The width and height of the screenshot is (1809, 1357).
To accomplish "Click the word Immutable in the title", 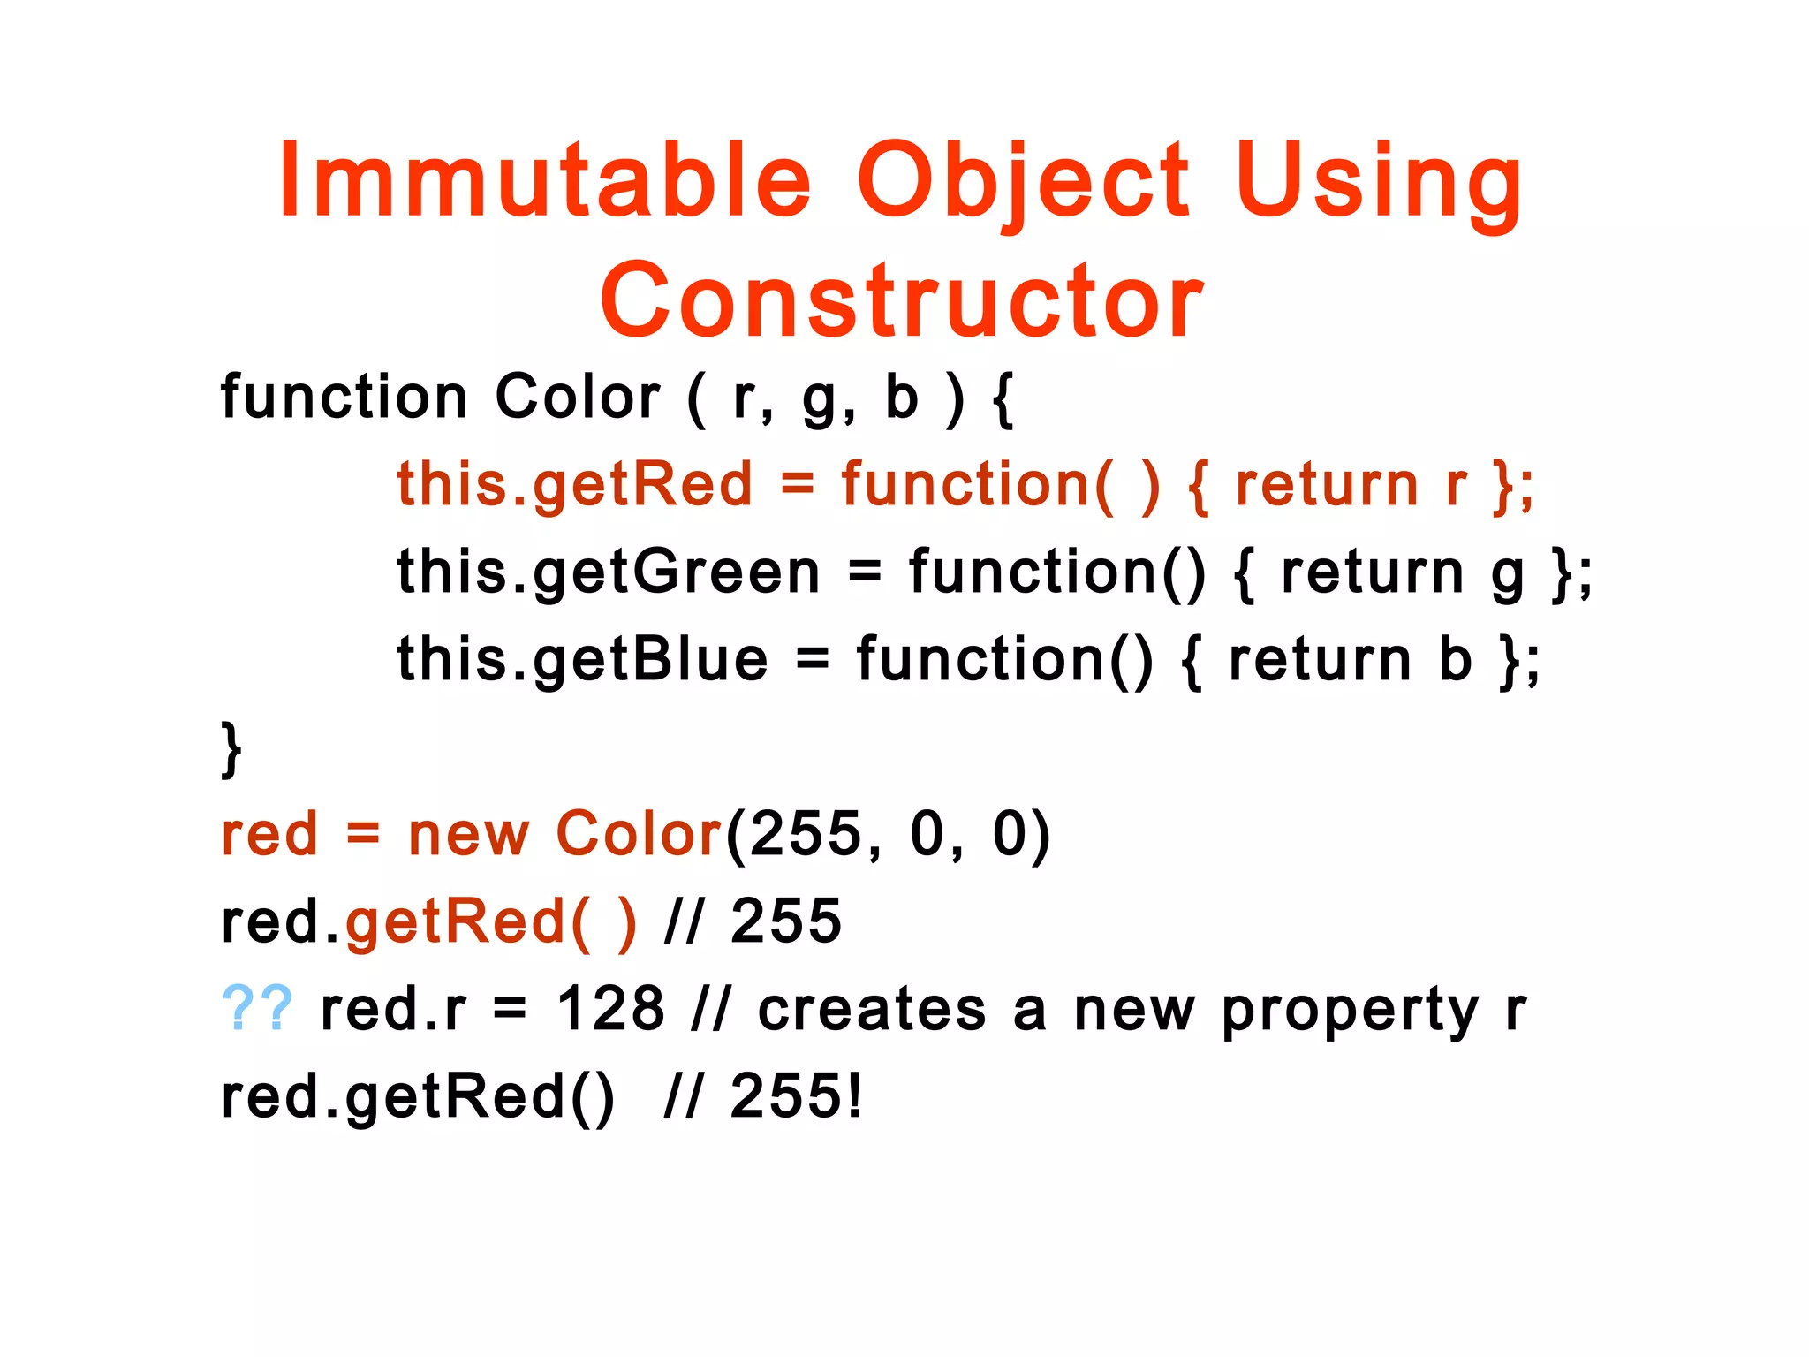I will (544, 180).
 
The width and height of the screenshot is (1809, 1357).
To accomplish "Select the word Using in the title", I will (1378, 180).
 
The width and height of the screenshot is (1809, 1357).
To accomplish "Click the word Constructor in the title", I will (901, 300).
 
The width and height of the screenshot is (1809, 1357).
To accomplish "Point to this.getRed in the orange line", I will (574, 484).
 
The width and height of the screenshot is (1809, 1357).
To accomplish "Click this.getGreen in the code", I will (609, 572).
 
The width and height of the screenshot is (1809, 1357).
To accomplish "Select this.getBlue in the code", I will (583, 659).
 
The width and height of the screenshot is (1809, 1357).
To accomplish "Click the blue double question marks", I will (257, 1008).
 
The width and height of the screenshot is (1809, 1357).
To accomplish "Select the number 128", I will (610, 1008).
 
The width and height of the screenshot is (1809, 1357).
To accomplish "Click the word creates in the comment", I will (871, 1008).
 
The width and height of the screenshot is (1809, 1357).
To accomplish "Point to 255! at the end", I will (795, 1095).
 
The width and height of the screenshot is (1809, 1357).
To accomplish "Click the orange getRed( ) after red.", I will (490, 921).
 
